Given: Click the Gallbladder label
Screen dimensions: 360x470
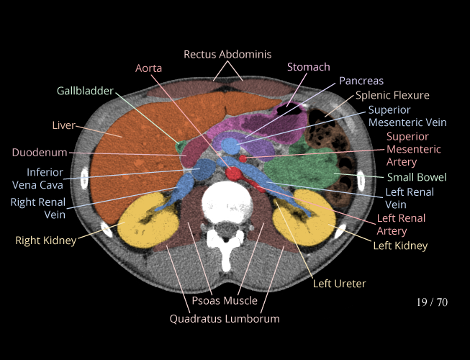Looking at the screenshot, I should (86, 91).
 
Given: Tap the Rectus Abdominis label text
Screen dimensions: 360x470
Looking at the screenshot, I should (227, 54).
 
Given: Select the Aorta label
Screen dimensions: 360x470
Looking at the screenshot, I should (149, 68).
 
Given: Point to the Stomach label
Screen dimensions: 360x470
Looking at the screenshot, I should (308, 67).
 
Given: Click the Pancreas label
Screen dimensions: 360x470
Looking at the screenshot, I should (361, 81).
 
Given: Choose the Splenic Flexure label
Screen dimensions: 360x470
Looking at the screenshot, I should (392, 95).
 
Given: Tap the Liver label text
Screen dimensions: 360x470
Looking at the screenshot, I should (64, 125).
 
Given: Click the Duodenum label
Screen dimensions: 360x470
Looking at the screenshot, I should (40, 153).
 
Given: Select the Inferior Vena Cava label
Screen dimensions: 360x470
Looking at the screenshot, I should (45, 179).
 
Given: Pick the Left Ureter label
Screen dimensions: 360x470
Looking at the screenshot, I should (339, 284).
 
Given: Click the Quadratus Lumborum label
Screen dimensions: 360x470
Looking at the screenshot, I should (225, 318).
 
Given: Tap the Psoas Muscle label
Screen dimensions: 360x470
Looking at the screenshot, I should (225, 300).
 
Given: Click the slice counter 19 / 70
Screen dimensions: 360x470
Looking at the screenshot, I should (432, 302).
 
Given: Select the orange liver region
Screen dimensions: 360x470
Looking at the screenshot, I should (137, 144).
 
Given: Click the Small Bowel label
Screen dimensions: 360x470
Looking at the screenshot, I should (417, 177).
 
